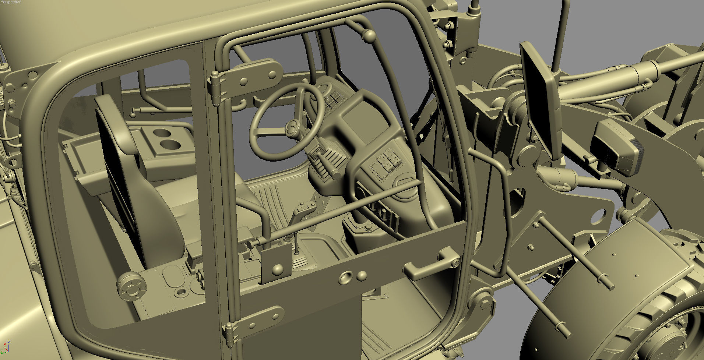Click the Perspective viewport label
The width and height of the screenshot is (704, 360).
pos(11,2)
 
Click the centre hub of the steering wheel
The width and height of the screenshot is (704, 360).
pos(292,127)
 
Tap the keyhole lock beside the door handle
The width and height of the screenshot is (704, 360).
pos(456,263)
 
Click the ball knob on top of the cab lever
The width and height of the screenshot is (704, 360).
pos(369,36)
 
